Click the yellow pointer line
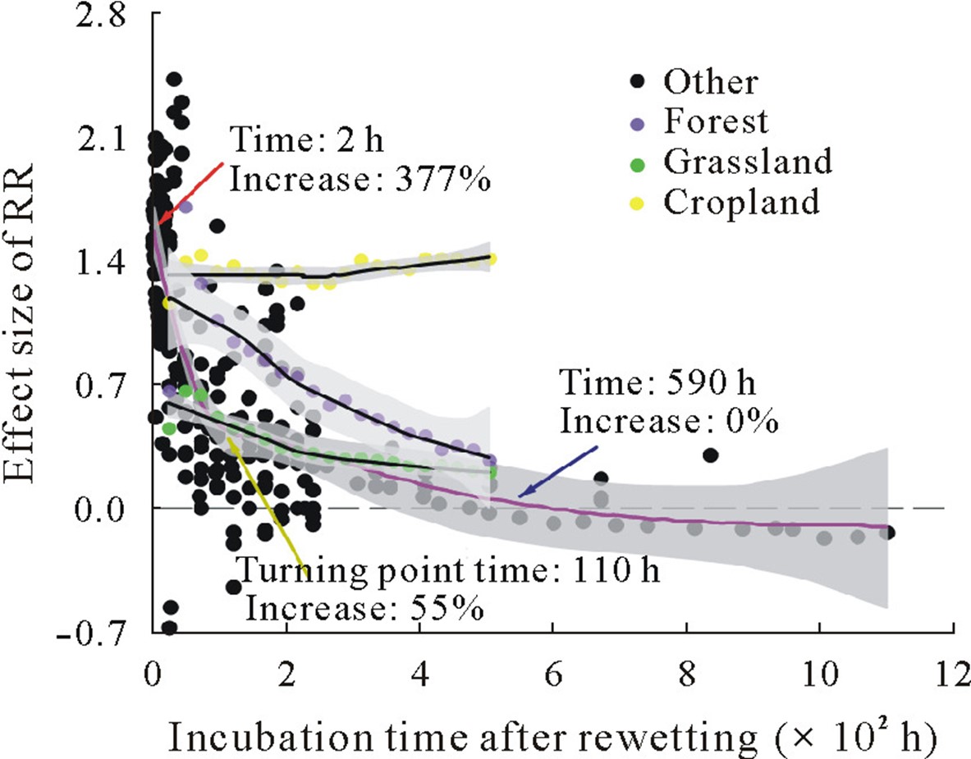[x=268, y=501]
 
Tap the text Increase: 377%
[x=359, y=178]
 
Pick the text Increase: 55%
[x=364, y=609]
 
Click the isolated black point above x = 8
[x=710, y=455]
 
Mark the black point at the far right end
[x=888, y=533]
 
